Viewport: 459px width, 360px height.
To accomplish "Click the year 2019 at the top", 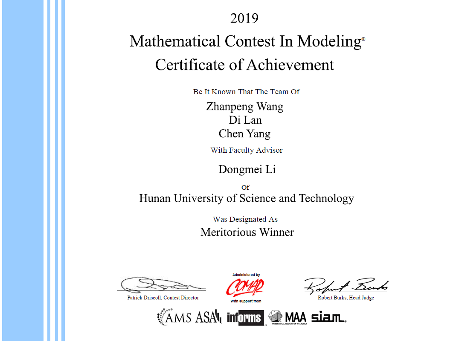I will click(x=244, y=18).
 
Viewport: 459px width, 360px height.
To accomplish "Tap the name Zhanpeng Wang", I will click(x=244, y=106).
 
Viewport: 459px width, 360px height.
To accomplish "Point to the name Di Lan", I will click(x=245, y=120).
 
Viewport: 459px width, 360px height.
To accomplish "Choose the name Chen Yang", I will click(x=244, y=134).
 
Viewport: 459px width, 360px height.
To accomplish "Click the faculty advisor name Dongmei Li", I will click(x=247, y=169).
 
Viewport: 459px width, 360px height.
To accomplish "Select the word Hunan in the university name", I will click(x=154, y=198).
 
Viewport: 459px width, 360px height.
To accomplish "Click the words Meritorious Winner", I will click(x=247, y=232).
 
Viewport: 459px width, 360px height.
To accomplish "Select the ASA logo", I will click(x=209, y=317).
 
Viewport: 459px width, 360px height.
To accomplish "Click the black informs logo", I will click(x=245, y=318).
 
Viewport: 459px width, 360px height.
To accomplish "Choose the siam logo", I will click(x=328, y=317).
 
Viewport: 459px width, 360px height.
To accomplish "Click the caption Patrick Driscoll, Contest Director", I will click(x=163, y=298).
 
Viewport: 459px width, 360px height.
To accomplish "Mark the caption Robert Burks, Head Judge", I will click(x=346, y=298).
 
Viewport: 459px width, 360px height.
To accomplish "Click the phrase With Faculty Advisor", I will click(x=247, y=150).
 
